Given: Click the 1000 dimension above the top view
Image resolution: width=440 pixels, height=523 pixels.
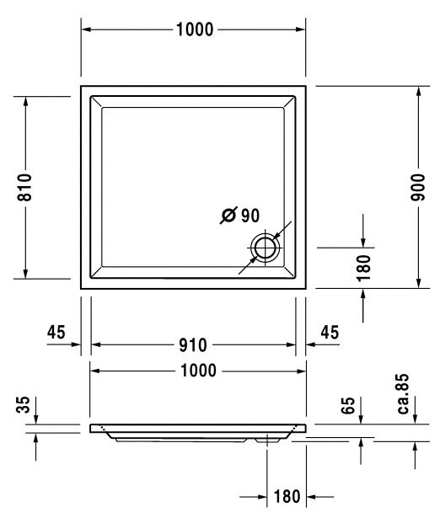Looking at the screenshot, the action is tap(195, 29).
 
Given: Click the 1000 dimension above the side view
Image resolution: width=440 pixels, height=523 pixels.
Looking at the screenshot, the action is tap(198, 371).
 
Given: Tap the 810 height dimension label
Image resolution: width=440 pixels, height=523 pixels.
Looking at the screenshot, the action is tap(25, 187).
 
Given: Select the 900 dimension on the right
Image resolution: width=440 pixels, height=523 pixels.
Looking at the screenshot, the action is tap(418, 187).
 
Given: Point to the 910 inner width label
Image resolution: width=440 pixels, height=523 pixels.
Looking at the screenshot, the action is tap(193, 345).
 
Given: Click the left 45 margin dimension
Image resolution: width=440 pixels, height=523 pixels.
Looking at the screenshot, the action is tap(56, 332).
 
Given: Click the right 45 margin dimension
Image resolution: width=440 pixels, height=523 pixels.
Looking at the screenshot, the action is tap(330, 332).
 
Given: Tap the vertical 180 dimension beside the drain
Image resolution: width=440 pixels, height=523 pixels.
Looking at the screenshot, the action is tap(364, 268).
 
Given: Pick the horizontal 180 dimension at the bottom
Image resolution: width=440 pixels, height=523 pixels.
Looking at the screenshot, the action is tap(287, 496).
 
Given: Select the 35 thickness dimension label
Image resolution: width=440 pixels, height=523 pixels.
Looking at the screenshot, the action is tap(23, 404).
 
